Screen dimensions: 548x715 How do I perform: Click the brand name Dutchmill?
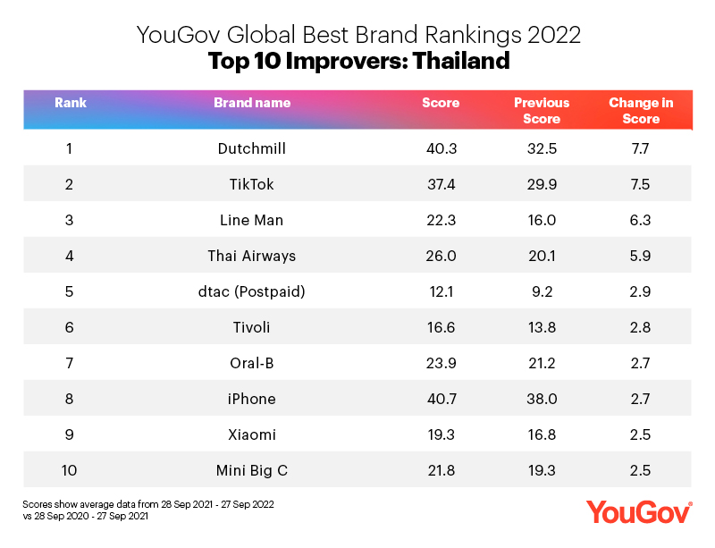pyautogui.click(x=252, y=148)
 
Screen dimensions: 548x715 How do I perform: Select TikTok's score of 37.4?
pyautogui.click(x=441, y=184)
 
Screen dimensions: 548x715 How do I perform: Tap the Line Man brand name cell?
pyautogui.click(x=252, y=220)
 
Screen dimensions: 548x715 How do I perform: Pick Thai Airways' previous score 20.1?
pyautogui.click(x=542, y=256)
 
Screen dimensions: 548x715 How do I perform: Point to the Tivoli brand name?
pyautogui.click(x=252, y=327)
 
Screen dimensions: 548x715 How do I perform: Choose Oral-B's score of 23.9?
pyautogui.click(x=441, y=363)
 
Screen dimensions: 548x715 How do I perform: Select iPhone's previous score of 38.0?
pyautogui.click(x=542, y=399)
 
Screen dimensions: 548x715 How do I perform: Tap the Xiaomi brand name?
pyautogui.click(x=252, y=434)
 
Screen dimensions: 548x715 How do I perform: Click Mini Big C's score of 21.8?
pyautogui.click(x=441, y=470)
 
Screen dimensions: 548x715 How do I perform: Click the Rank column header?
pyautogui.click(x=70, y=103)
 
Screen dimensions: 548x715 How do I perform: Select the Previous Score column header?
pyautogui.click(x=542, y=111)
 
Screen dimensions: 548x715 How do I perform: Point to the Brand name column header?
pyautogui.click(x=252, y=103)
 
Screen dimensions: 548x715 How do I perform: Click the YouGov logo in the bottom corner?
pyautogui.click(x=639, y=512)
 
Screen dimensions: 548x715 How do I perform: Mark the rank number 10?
pyautogui.click(x=70, y=470)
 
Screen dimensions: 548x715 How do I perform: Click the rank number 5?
pyautogui.click(x=70, y=291)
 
